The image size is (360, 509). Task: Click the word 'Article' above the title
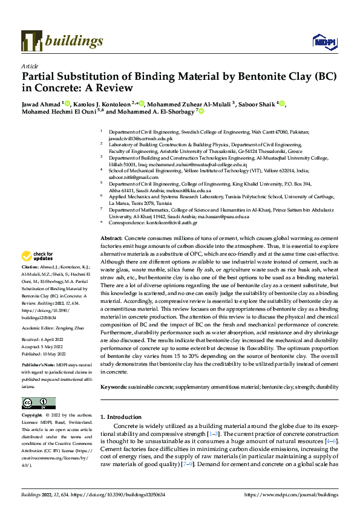[x=30, y=66]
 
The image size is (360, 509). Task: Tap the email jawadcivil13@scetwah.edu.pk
[x=131, y=138]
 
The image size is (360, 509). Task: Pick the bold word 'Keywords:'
[x=114, y=386]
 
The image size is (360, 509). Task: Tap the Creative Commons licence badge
[x=38, y=403]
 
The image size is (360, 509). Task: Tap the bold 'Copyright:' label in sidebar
[x=32, y=417]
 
